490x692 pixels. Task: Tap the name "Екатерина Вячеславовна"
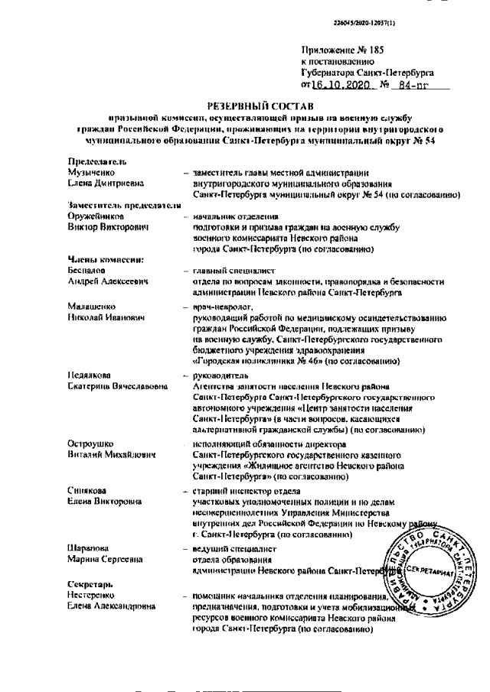(x=117, y=387)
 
